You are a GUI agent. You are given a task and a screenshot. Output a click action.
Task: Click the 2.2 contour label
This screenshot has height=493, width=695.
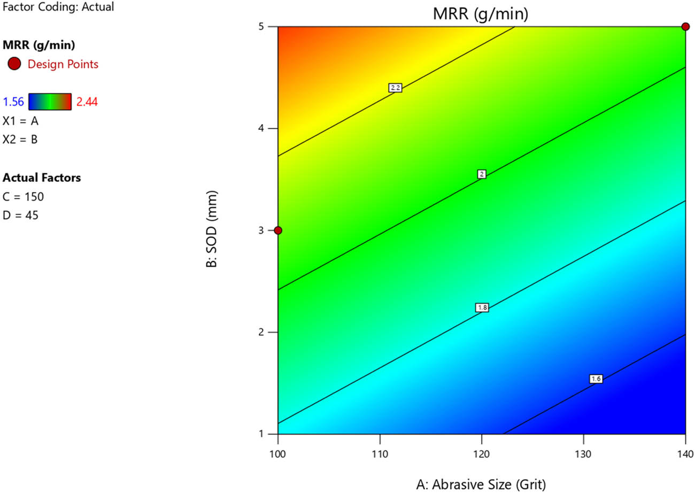[x=395, y=88]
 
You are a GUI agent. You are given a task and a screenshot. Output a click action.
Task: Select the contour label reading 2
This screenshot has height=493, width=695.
[x=482, y=174]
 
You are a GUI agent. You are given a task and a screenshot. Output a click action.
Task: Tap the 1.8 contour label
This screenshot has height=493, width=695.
[x=482, y=307]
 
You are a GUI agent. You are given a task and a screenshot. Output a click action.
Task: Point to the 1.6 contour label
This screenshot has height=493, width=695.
[x=596, y=379]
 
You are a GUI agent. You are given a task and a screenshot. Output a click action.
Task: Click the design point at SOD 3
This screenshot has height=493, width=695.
[x=278, y=230]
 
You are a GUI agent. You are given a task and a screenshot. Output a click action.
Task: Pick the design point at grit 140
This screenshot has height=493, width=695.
[x=685, y=27]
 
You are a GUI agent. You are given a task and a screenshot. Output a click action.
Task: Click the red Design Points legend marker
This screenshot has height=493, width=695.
[x=15, y=64]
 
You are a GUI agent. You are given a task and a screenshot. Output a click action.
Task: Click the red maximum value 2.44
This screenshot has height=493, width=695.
[x=87, y=102]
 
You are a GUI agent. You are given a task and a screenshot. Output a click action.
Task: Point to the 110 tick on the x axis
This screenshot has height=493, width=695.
[x=380, y=455]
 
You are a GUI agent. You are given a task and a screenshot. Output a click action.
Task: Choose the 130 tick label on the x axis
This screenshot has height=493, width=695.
[x=583, y=455]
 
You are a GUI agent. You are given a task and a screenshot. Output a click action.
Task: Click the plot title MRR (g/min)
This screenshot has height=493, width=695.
[x=481, y=14]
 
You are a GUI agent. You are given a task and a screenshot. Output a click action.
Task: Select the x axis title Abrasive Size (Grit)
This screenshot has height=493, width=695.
[x=481, y=484]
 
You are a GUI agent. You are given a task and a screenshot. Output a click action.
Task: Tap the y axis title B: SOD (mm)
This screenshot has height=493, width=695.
[x=212, y=230]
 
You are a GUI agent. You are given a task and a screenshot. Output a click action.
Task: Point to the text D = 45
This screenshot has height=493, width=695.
[x=20, y=215]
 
